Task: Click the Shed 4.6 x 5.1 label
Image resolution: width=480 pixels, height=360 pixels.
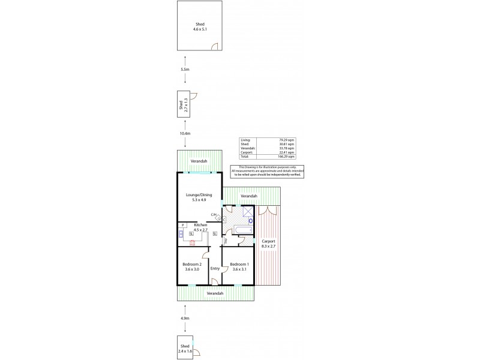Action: [199, 26]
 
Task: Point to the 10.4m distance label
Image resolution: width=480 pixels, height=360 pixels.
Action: [185, 133]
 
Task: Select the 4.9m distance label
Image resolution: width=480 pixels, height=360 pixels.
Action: [185, 318]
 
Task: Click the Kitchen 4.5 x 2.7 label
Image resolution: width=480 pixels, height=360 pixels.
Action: [200, 227]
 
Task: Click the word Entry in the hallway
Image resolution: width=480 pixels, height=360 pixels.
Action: [215, 268]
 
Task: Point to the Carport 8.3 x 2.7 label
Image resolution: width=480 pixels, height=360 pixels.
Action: [268, 243]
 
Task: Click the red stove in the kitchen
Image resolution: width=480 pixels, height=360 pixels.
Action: [192, 242]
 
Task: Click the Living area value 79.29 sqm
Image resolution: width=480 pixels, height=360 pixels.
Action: [288, 140]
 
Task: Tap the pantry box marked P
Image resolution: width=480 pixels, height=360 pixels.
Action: [183, 225]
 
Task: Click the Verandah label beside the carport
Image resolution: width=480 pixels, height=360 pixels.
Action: [249, 196]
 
